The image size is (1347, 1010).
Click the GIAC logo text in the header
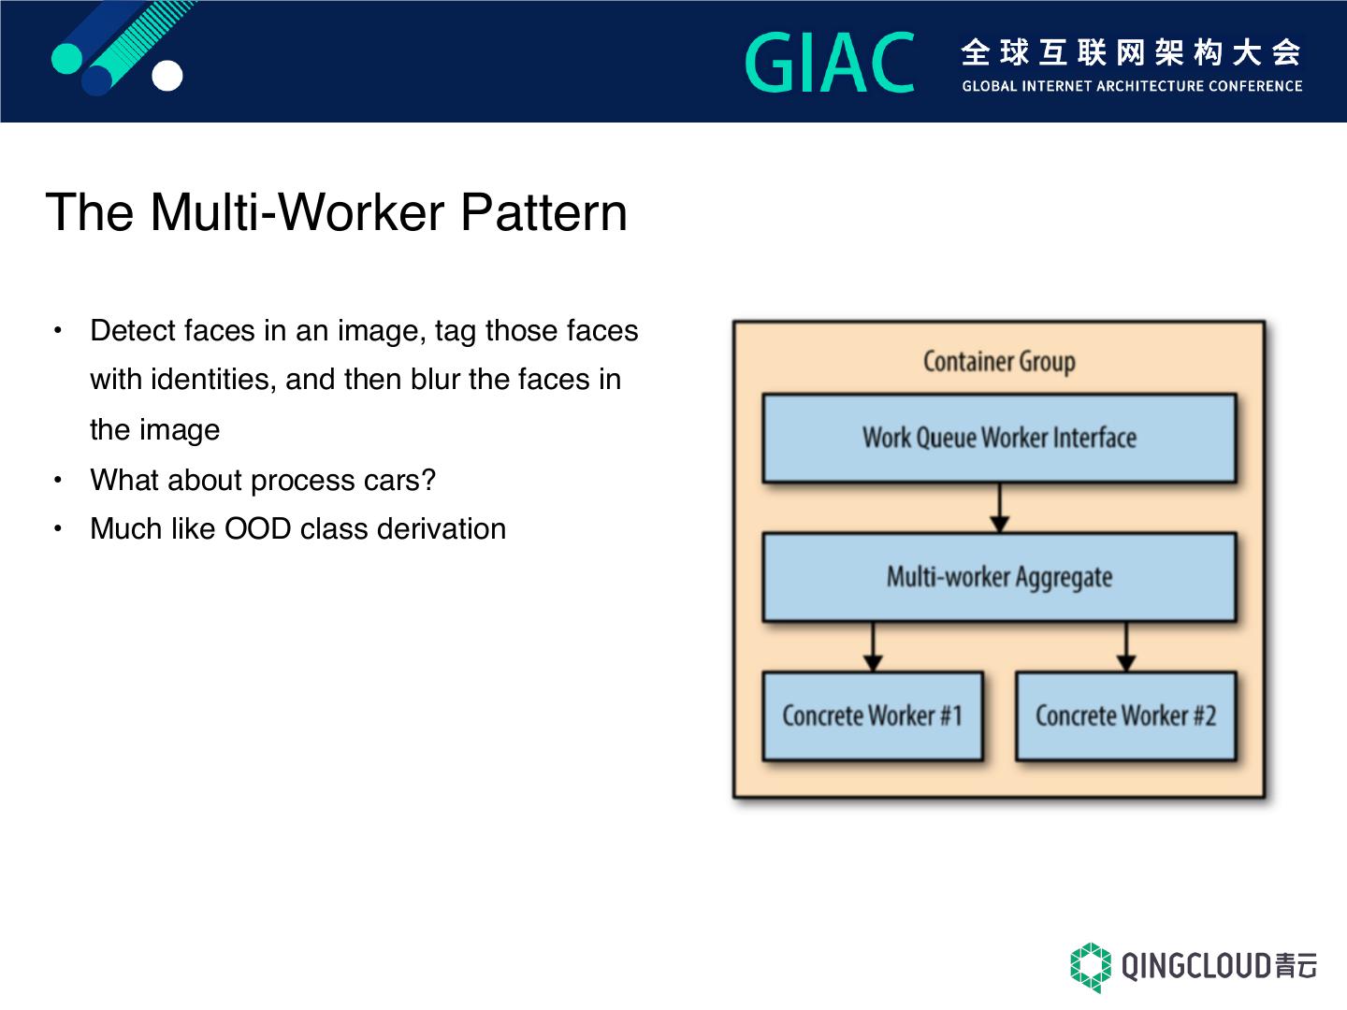coord(830,64)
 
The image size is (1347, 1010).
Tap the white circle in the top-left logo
coord(167,76)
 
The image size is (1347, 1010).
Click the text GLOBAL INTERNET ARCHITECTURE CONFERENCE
coord(1132,86)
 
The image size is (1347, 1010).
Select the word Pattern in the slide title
coord(543,212)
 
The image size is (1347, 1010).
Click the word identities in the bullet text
coord(213,380)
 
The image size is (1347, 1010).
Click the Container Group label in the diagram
coord(999,362)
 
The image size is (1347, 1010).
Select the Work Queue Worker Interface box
coord(999,438)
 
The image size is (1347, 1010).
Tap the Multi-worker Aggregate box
coord(999,577)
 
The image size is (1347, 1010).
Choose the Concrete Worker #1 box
coord(872,716)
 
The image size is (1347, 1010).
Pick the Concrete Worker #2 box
coord(1125,716)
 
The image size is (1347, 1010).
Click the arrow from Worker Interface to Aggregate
coord(1000,508)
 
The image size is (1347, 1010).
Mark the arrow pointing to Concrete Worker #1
coord(873,647)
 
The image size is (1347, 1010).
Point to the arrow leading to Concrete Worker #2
coord(1126,647)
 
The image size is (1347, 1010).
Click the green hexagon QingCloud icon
coord(1091,967)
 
